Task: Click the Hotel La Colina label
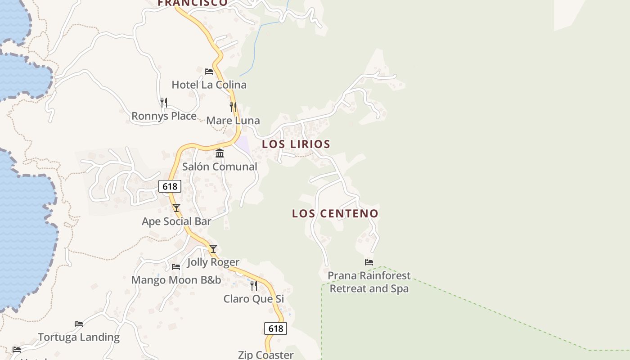pyautogui.click(x=209, y=85)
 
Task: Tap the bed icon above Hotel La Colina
pyautogui.click(x=209, y=71)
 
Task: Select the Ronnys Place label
pyautogui.click(x=164, y=116)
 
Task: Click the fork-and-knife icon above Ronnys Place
pyautogui.click(x=164, y=103)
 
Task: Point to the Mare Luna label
pyautogui.click(x=233, y=121)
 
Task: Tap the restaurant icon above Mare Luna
pyautogui.click(x=233, y=107)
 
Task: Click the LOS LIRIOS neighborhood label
pyautogui.click(x=296, y=144)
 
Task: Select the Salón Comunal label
pyautogui.click(x=220, y=166)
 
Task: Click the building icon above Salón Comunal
pyautogui.click(x=220, y=153)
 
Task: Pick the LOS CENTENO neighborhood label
pyautogui.click(x=335, y=214)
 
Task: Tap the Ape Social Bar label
pyautogui.click(x=176, y=221)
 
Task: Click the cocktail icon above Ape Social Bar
pyautogui.click(x=176, y=208)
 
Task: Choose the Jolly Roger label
pyautogui.click(x=213, y=262)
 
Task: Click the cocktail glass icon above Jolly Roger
pyautogui.click(x=213, y=249)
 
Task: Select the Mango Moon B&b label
pyautogui.click(x=176, y=280)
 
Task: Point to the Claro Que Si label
pyautogui.click(x=254, y=299)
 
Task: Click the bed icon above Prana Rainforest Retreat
pyautogui.click(x=369, y=262)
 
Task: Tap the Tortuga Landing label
pyautogui.click(x=79, y=337)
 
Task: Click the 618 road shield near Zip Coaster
pyautogui.click(x=275, y=328)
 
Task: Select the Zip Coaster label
pyautogui.click(x=265, y=355)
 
